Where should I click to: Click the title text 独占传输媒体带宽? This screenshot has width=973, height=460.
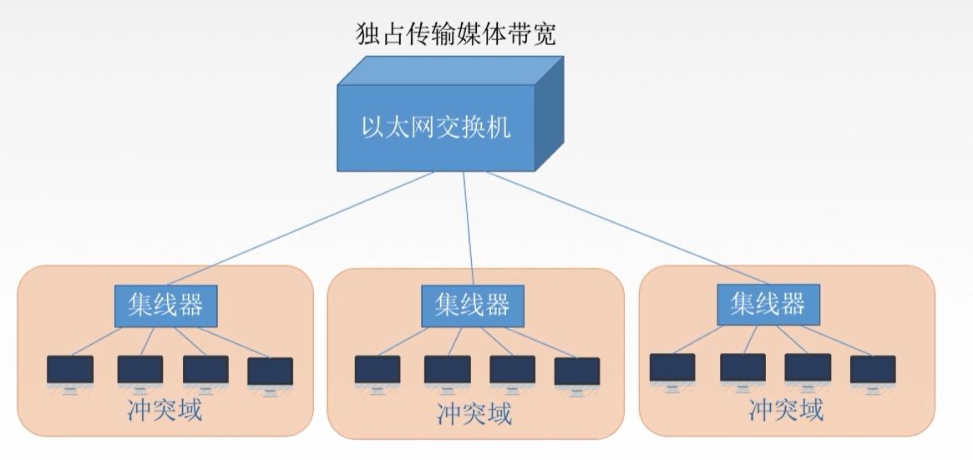pos(454,35)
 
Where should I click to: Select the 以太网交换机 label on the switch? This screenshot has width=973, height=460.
pos(435,128)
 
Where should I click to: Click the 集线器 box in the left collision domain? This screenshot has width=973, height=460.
pos(165,305)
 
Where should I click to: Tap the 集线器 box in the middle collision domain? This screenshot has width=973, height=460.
pos(472,305)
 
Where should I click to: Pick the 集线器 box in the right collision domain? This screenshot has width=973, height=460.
pos(768,303)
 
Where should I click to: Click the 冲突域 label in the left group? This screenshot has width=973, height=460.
pos(165,410)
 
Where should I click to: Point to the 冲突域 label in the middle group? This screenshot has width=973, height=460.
pos(474,412)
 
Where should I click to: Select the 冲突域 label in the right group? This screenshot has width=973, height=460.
pos(786,410)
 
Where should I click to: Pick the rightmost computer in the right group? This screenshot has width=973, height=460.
pos(873,371)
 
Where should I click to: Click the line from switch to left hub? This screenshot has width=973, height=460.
pos(309,227)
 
